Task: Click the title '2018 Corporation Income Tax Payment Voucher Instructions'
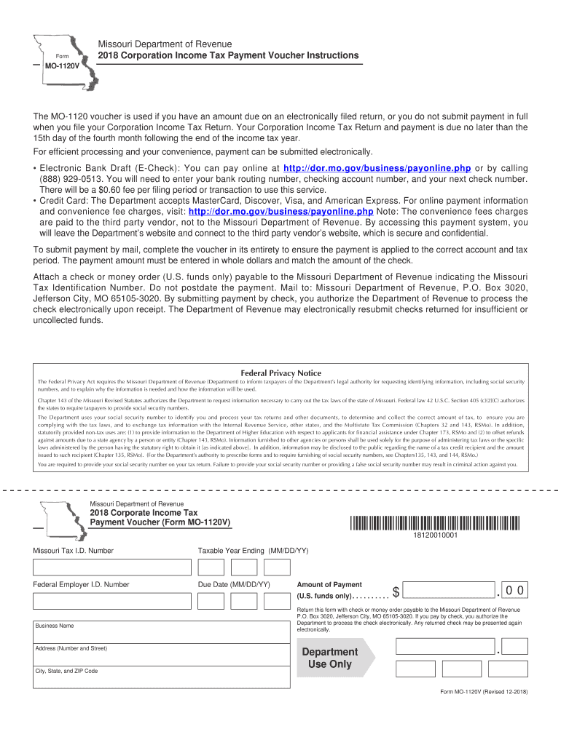pos(218,56)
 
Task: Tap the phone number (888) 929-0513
pos(68,179)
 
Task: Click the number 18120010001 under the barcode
pos(435,536)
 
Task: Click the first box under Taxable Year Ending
pos(211,567)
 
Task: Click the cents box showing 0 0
pos(516,590)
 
